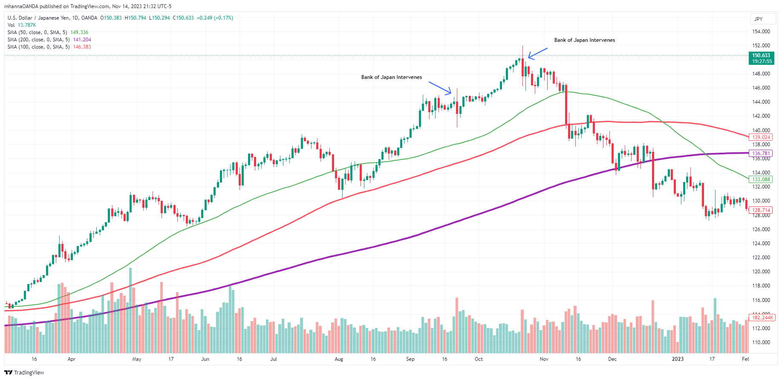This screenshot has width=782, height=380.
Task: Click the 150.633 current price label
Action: pyautogui.click(x=761, y=55)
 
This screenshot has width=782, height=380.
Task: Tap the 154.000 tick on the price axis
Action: pyautogui.click(x=761, y=32)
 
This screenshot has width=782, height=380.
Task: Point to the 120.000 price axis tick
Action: pyautogui.click(x=761, y=272)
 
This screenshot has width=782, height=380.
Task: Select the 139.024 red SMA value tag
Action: pyautogui.click(x=761, y=137)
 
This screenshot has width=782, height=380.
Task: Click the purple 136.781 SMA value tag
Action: pyautogui.click(x=761, y=154)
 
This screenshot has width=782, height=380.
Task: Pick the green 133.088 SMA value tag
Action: pyautogui.click(x=761, y=180)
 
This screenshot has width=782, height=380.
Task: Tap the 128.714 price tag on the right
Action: pyautogui.click(x=761, y=210)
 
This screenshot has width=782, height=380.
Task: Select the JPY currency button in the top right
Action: pyautogui.click(x=759, y=19)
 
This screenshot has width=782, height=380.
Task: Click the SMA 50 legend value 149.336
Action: pyautogui.click(x=79, y=32)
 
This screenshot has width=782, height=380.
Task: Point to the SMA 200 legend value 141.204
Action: pyautogui.click(x=82, y=40)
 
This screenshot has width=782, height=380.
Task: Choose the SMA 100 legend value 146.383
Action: pyautogui.click(x=82, y=47)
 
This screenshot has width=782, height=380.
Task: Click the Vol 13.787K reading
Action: pyautogui.click(x=26, y=25)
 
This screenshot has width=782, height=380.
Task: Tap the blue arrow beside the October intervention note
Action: pyautogui.click(x=537, y=53)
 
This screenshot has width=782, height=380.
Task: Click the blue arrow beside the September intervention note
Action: pyautogui.click(x=440, y=87)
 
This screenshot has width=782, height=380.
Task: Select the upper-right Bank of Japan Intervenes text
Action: pyautogui.click(x=584, y=40)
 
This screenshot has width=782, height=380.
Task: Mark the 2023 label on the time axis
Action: pyautogui.click(x=677, y=359)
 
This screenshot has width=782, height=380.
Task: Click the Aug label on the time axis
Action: pyautogui.click(x=339, y=359)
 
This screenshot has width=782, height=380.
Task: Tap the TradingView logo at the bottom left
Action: pyautogui.click(x=24, y=372)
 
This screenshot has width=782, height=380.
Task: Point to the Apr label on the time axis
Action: pyautogui.click(x=72, y=359)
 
